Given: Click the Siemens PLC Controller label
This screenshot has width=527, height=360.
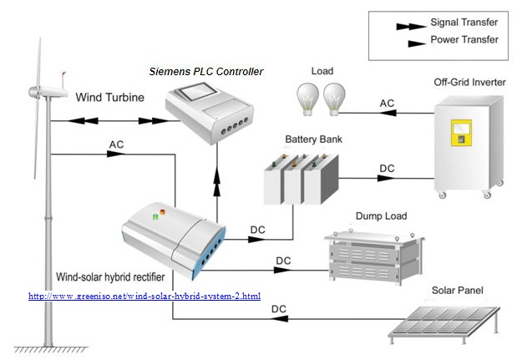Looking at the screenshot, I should [206, 72].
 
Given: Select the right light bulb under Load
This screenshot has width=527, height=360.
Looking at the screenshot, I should [334, 98].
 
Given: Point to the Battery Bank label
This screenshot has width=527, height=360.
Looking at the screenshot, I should [313, 139].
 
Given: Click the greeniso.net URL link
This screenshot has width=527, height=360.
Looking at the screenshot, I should [144, 297].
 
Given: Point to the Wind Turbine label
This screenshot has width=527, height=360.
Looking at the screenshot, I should [109, 97].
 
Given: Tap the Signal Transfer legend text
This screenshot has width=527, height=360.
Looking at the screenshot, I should [464, 24].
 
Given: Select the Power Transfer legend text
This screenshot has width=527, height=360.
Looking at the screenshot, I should [464, 39].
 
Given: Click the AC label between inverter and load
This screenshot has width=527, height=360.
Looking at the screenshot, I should [388, 103].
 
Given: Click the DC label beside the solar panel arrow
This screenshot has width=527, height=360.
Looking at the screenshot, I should [279, 309].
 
